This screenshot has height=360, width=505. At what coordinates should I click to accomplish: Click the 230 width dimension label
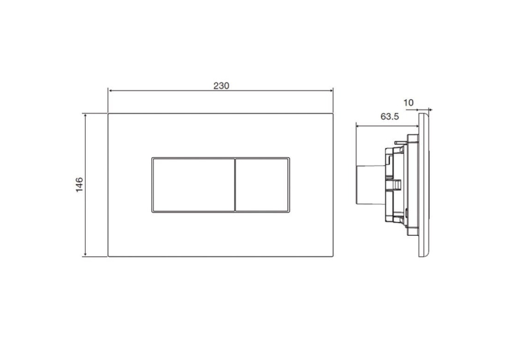pos(221,86)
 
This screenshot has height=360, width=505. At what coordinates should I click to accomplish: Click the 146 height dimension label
pos(79,185)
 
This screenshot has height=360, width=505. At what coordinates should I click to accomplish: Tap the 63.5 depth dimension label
pos(389,116)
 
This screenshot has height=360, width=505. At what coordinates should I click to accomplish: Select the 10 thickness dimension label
pos(409,103)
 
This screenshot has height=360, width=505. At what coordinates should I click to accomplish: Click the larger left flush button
pos(193,185)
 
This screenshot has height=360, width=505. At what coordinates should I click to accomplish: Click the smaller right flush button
pos(262,185)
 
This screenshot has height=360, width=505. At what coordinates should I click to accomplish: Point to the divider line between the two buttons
pos(235,185)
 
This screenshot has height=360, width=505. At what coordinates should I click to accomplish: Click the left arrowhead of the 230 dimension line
pos(110,91)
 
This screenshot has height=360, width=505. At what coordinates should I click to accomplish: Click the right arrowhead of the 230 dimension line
pos(331,91)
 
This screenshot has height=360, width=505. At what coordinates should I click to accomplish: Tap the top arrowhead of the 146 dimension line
pos(85,116)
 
